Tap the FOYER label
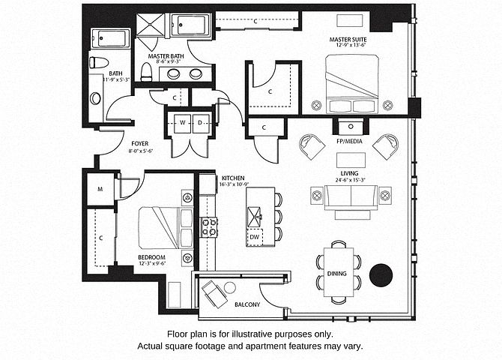[139, 143]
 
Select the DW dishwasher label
[255, 237]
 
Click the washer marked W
[182, 122]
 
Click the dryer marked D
[201, 122]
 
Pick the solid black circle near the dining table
[382, 275]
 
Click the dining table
[337, 273]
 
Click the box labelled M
[100, 188]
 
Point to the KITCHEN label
[232, 178]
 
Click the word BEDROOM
[151, 256]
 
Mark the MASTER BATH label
[166, 55]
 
